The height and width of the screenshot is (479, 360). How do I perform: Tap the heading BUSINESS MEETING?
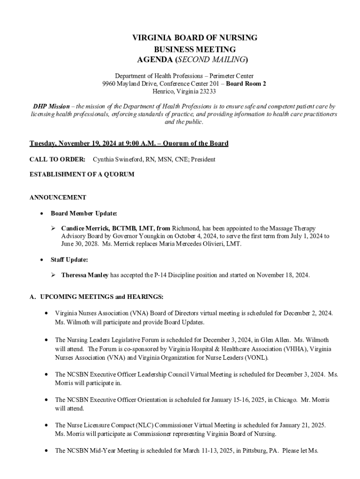click(195, 49)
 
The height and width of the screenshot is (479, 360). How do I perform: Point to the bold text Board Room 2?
click(246, 83)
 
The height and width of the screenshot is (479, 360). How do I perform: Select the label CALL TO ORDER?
click(58, 160)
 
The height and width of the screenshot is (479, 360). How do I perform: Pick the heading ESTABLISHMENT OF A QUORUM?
click(82, 174)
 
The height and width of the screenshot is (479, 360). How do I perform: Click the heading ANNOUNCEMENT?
click(58, 197)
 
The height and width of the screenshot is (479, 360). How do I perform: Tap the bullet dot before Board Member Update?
click(42, 214)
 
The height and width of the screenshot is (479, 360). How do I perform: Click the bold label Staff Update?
click(69, 259)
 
